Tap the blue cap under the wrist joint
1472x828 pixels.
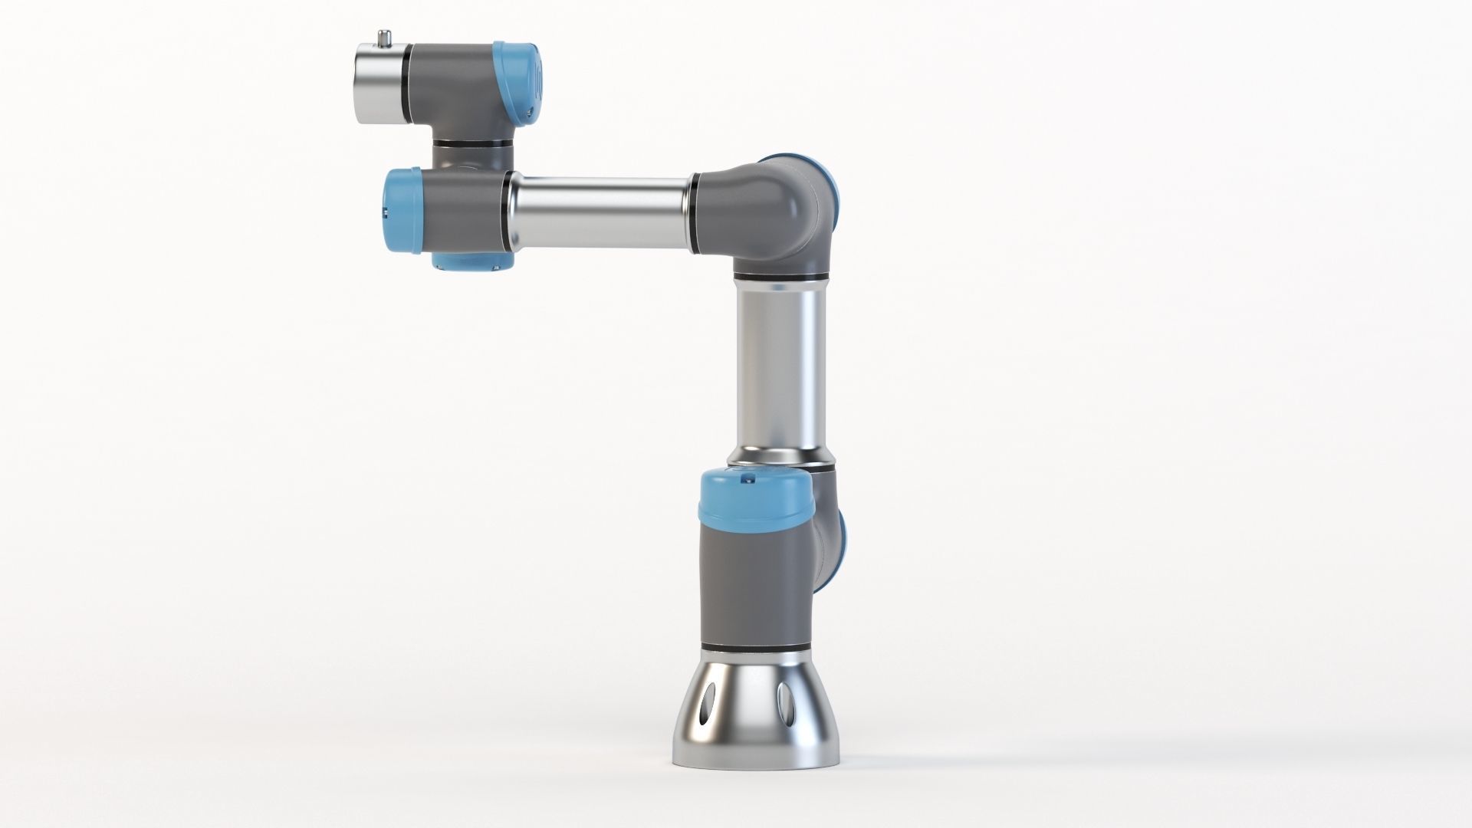(x=471, y=263)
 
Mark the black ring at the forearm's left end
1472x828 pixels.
(x=508, y=211)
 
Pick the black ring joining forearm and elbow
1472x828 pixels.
(x=694, y=212)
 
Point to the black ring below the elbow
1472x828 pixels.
(x=781, y=275)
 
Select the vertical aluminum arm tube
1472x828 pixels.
(x=782, y=368)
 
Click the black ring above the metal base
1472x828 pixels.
(x=756, y=649)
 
